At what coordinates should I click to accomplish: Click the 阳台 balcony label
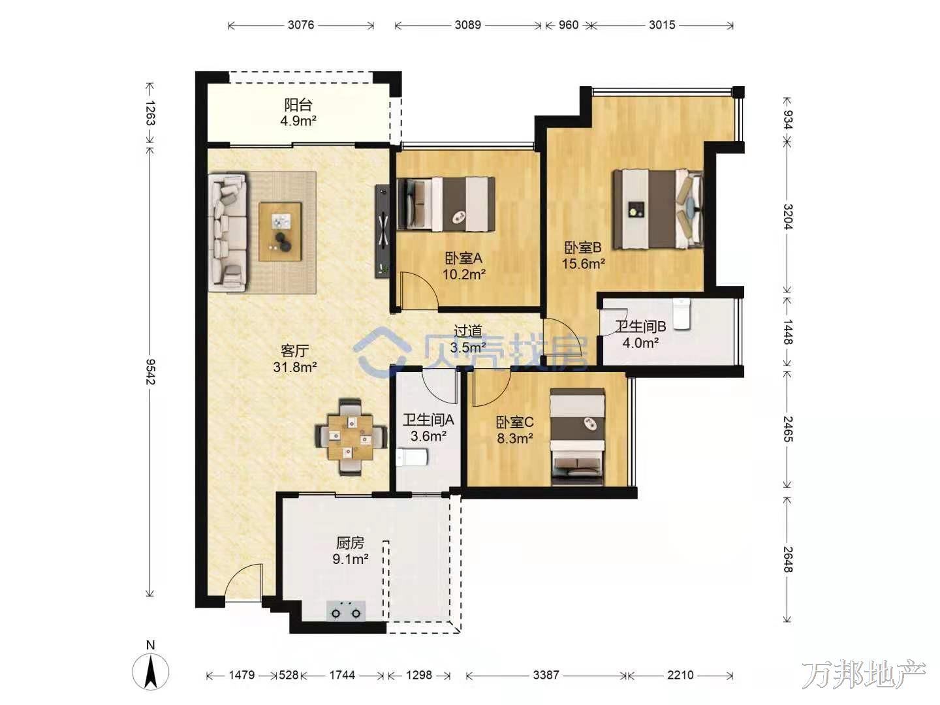(x=298, y=104)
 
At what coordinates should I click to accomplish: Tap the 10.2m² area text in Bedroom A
(x=463, y=274)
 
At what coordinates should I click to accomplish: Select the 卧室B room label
(x=583, y=247)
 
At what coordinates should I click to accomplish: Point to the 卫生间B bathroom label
(x=640, y=326)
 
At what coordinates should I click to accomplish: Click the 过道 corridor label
(x=467, y=331)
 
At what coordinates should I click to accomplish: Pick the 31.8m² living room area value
(x=295, y=367)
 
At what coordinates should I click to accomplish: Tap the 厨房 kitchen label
(x=350, y=542)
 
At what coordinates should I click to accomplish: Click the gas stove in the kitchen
(x=346, y=611)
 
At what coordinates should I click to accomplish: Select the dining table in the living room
(x=351, y=437)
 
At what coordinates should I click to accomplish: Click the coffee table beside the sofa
(x=280, y=232)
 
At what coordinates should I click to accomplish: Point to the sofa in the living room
(x=227, y=233)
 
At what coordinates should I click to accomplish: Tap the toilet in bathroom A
(x=411, y=458)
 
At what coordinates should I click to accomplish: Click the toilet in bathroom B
(x=681, y=314)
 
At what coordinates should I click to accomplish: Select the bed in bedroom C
(x=577, y=436)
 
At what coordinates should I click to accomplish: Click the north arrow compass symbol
(x=150, y=672)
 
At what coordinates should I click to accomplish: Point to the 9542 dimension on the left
(x=150, y=371)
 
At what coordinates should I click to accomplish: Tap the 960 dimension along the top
(x=569, y=25)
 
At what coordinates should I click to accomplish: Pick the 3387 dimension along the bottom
(x=546, y=675)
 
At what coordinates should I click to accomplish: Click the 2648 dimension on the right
(x=787, y=559)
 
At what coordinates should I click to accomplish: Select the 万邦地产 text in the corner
(x=864, y=674)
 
